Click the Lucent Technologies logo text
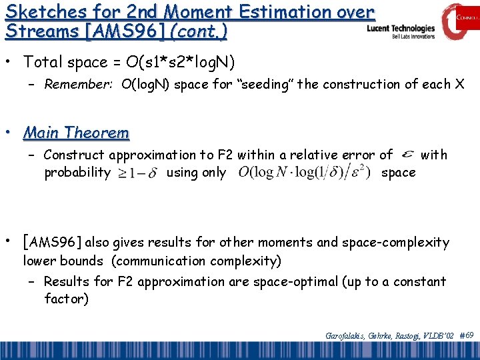[x=401, y=29]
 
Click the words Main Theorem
[x=76, y=133]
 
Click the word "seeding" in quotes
[x=224, y=84]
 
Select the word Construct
[x=75, y=155]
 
